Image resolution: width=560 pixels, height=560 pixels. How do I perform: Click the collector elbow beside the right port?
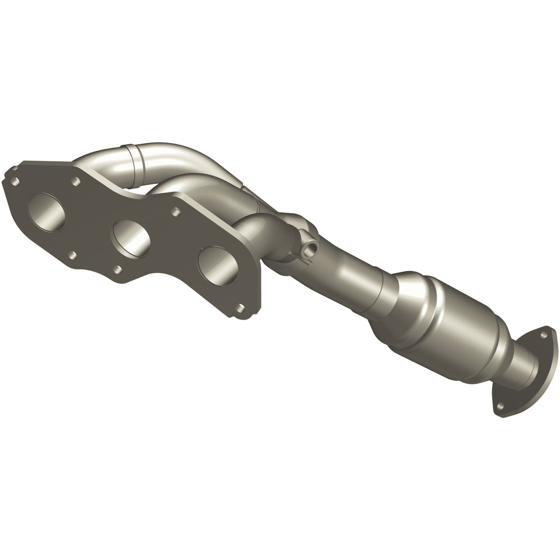(x=258, y=231)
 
